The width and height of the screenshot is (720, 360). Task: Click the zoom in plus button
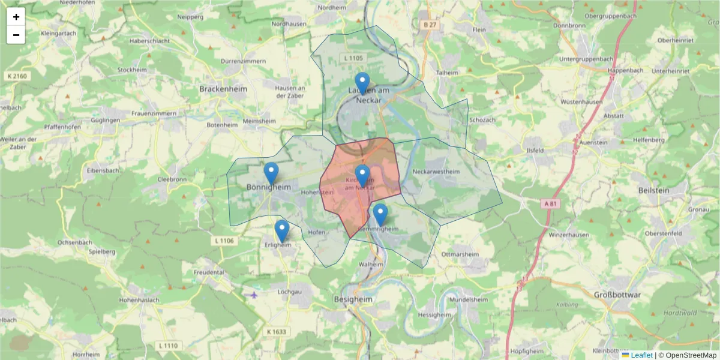[x=16, y=17]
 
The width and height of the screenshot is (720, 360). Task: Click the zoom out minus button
[x=16, y=35]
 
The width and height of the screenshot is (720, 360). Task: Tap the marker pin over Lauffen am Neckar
[x=362, y=83]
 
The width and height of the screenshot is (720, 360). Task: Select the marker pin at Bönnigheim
[x=271, y=173]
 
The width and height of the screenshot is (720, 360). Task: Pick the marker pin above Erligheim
[x=281, y=230]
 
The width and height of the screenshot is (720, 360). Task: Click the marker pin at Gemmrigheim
[x=380, y=214]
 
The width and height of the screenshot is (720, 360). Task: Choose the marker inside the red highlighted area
[x=362, y=175]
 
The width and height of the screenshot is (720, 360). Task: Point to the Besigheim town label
[x=353, y=299]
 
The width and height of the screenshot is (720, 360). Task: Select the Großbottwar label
[x=617, y=295]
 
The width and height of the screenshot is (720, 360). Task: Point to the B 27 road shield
[x=428, y=25]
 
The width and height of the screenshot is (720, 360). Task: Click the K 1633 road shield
[x=275, y=332]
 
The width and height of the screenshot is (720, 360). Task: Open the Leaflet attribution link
[x=641, y=355]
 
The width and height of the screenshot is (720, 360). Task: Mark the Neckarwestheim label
[x=436, y=172]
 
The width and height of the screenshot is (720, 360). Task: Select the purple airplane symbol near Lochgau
[x=254, y=295]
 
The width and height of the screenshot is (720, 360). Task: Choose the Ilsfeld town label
[x=534, y=150]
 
